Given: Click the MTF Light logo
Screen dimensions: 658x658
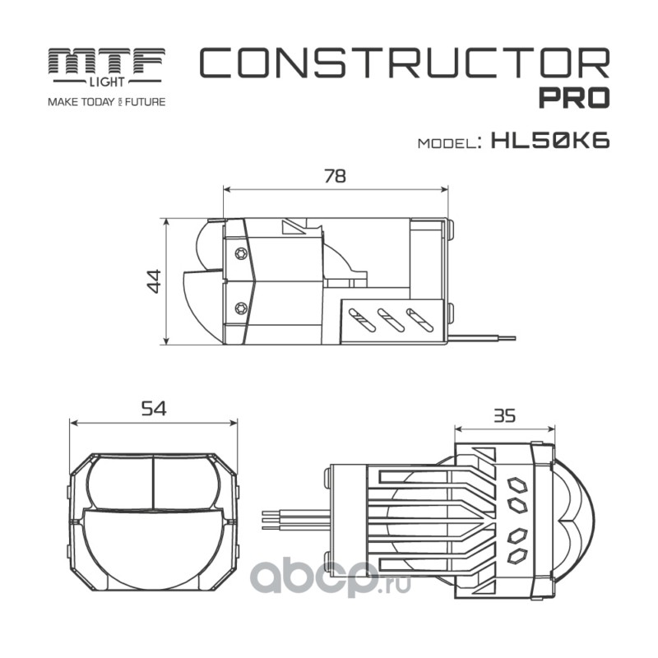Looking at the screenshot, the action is (107, 65).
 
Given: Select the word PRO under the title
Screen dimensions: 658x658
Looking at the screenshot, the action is (573, 97).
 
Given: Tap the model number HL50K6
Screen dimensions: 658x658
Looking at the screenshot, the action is (549, 140).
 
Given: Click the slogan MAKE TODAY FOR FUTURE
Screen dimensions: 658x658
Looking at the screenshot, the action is (107, 102).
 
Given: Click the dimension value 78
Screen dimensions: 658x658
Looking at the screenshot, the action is (335, 175).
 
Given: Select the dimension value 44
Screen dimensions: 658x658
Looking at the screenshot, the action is (152, 281).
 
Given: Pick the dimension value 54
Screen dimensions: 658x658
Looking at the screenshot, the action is (154, 409).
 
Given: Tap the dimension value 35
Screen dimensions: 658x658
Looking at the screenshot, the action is (504, 415).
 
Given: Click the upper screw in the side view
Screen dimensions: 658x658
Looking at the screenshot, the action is (240, 253).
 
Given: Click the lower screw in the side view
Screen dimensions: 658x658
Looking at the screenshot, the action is (240, 308).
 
